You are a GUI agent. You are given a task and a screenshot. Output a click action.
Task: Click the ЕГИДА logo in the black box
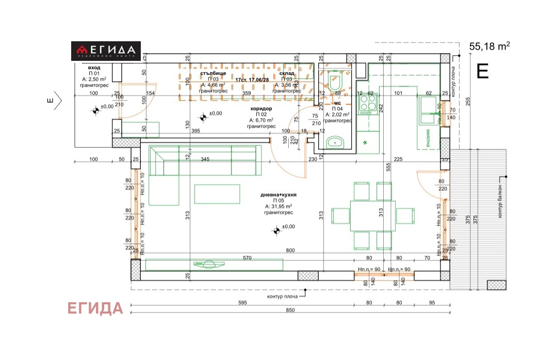pos(106,51)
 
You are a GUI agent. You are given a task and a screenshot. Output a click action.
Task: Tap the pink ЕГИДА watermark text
pos(95,308)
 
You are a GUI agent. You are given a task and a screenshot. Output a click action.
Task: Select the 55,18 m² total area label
pos(489,46)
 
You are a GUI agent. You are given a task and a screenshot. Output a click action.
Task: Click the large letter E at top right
pos(482,71)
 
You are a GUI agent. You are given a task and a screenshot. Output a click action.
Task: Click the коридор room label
pos(261,109)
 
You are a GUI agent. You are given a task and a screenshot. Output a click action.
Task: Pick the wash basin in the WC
pos(336,141)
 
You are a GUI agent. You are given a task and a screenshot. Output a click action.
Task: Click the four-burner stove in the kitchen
pos(368,104)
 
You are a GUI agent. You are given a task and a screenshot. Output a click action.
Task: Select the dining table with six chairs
pos(373,215)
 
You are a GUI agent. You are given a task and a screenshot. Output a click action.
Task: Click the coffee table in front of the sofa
pos(217,194)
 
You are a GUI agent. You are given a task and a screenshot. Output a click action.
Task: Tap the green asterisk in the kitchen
pos(366,142)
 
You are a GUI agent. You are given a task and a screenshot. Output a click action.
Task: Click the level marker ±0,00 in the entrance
pos(96,110)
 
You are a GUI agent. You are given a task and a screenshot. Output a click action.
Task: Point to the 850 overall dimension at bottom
pos(290,310)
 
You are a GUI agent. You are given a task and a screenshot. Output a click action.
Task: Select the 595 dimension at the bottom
pos(242,303)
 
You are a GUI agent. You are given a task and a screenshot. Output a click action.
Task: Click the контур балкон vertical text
pos(500,201)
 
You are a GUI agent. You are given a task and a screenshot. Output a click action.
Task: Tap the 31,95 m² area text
pos(279,206)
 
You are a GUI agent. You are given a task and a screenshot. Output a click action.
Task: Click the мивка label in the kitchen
pos(429,138)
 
